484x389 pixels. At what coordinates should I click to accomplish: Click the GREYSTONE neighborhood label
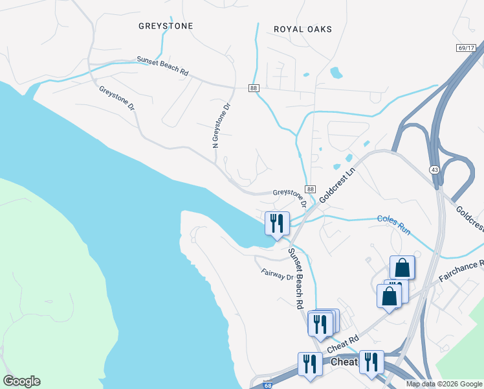[x=166, y=26]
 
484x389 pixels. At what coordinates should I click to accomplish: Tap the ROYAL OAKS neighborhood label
[x=302, y=29]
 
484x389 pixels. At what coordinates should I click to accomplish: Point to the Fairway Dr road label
[x=278, y=275]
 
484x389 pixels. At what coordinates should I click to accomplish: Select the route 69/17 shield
[x=465, y=48]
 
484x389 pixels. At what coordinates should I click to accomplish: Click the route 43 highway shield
[x=433, y=169]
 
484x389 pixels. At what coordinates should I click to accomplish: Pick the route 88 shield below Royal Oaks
[x=254, y=87]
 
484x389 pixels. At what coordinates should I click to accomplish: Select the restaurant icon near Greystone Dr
[x=277, y=224]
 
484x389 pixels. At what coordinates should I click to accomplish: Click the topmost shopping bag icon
[x=402, y=267]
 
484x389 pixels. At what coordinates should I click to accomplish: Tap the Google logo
[x=21, y=381]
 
